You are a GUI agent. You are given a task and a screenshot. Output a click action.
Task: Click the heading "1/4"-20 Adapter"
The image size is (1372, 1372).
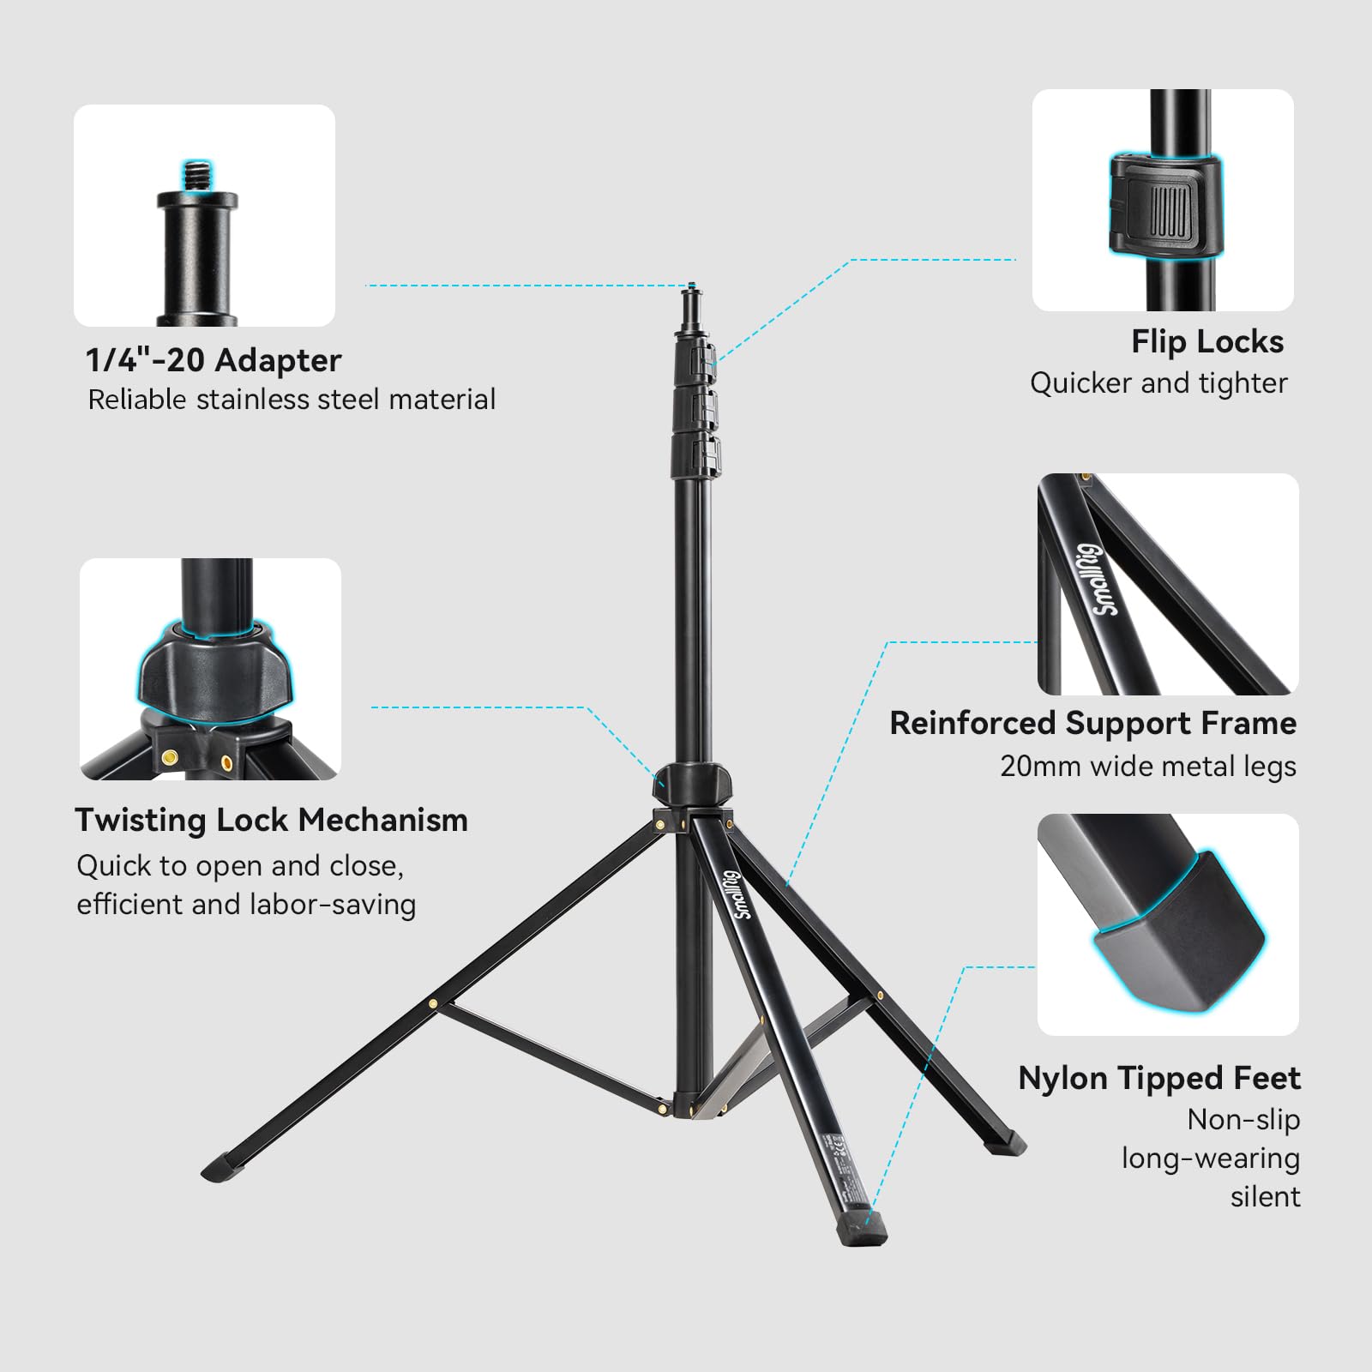(213, 360)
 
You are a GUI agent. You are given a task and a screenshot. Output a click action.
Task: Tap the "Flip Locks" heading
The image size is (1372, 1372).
(1207, 342)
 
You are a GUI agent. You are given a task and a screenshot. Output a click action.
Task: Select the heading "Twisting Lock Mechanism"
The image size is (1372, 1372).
(271, 821)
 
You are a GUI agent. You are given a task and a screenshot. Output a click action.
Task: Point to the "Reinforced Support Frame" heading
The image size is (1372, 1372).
(1092, 724)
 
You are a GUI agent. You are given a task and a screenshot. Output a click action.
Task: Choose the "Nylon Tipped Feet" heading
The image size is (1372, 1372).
(1158, 1079)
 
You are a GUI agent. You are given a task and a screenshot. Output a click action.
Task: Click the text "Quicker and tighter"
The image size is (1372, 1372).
(1158, 383)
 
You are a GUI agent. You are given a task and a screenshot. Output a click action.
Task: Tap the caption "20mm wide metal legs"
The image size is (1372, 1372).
(1147, 766)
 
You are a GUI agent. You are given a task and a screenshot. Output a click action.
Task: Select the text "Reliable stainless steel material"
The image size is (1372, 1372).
(292, 400)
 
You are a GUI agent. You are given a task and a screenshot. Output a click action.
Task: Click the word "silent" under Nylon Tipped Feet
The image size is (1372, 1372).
(1265, 1196)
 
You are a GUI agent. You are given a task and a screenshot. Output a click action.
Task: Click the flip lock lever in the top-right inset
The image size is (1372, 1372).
(1164, 206)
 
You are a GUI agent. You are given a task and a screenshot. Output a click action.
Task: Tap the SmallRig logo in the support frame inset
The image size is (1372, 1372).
(1098, 579)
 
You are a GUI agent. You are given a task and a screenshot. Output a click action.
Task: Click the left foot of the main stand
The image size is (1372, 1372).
(221, 1165)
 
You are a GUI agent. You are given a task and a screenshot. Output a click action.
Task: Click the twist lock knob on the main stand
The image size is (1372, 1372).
(691, 783)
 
